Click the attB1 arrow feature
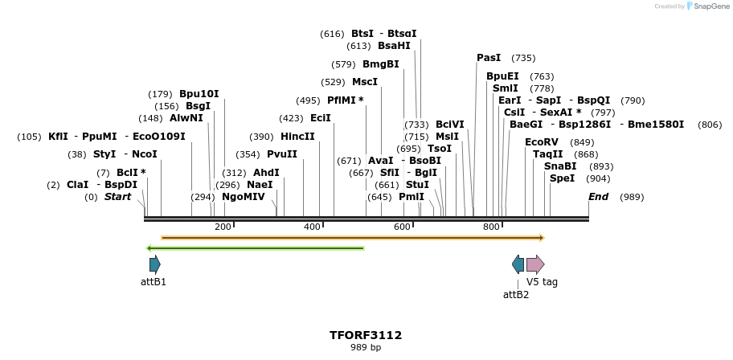pos(154,264)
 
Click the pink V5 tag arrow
pos(535,264)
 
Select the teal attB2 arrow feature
pos(518,264)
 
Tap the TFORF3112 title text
pos(366,335)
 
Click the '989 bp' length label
pos(366,348)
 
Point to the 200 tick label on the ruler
pos(223,227)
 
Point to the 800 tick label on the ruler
pos(491,227)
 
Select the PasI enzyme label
pos(489,58)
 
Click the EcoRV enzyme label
pos(541,142)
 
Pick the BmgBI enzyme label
pos(381,64)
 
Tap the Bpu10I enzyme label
pos(199,94)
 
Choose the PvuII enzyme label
pos(282,154)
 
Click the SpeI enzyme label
pos(562,178)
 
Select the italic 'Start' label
pos(117,197)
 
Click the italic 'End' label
pos(598,197)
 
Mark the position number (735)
pos(523,58)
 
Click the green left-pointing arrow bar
pos(256,247)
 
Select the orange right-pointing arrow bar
pos(353,238)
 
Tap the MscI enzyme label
pos(365,82)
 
